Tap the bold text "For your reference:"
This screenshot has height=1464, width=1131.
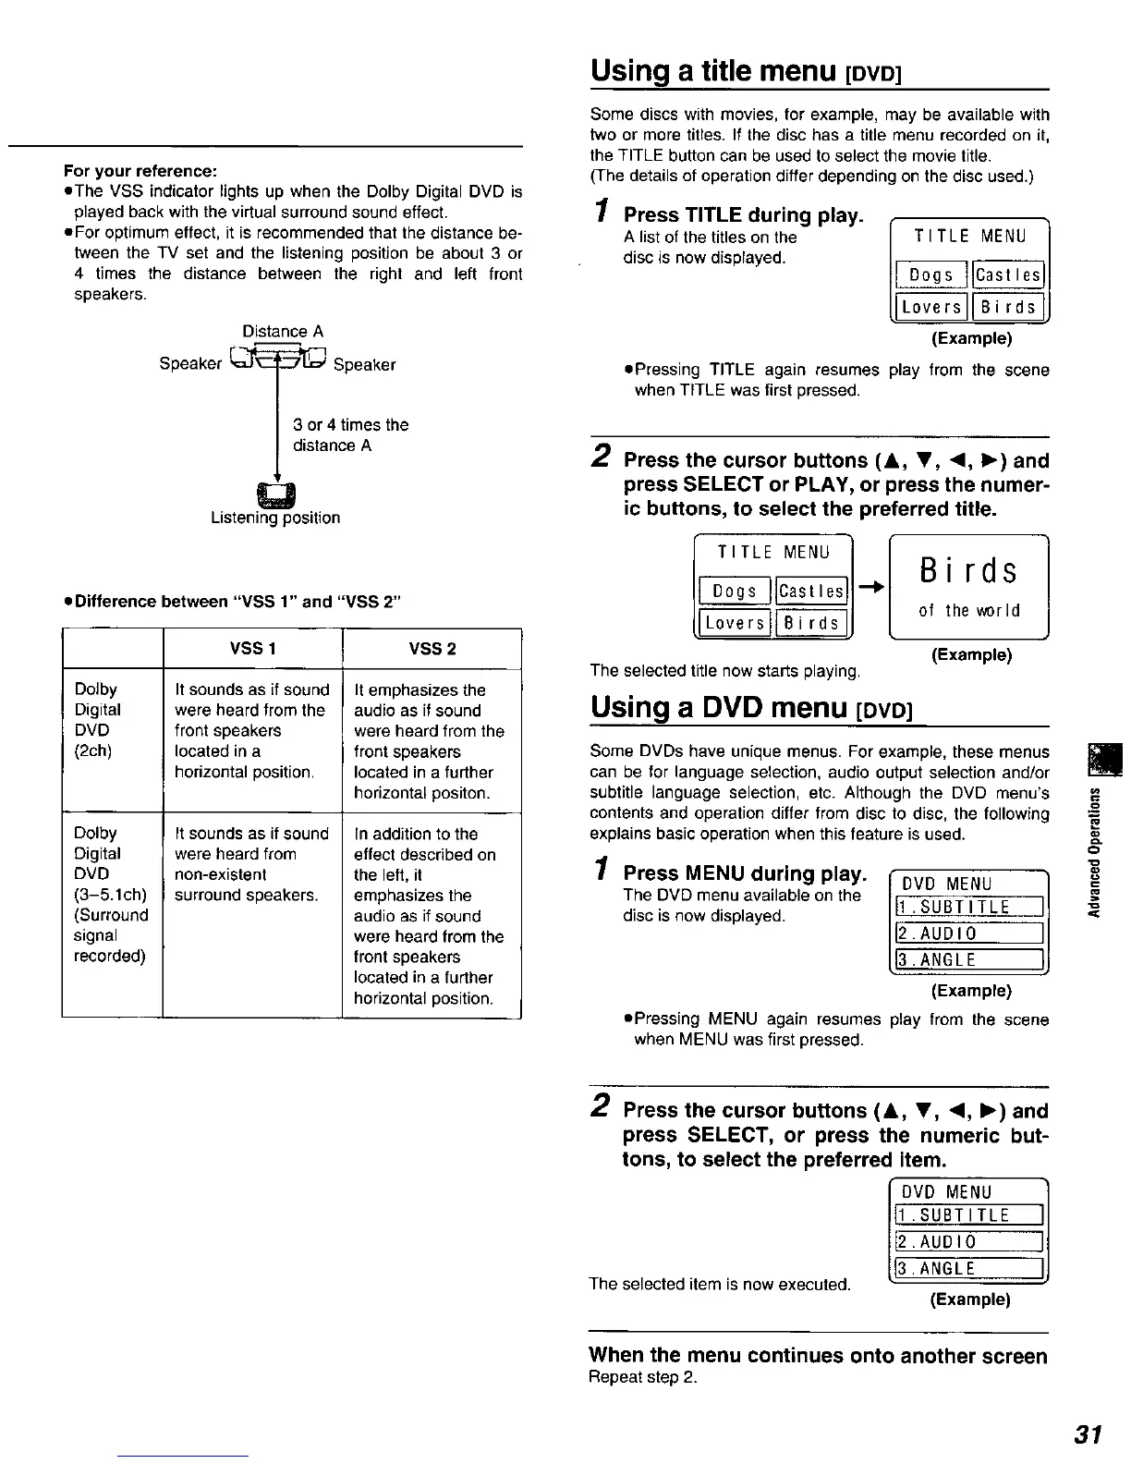[x=140, y=171]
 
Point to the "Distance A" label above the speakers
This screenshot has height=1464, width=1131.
[x=283, y=331]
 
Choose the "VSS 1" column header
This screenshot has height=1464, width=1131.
[x=252, y=649]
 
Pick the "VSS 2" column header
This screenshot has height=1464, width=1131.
[x=432, y=649]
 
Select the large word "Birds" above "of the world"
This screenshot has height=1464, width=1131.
[x=968, y=571]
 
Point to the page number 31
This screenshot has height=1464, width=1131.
[x=1088, y=1433]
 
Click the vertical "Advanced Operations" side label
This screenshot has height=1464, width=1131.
[x=1095, y=852]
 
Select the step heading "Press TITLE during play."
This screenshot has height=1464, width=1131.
[x=744, y=215]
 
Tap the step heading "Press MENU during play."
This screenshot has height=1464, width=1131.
[x=745, y=873]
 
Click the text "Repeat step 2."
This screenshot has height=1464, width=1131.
[x=643, y=1377]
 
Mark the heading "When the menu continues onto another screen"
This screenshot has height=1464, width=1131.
[x=818, y=1356]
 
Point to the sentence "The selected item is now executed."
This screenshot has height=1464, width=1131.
[x=720, y=1284]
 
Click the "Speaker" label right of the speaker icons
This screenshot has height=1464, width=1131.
[x=364, y=365]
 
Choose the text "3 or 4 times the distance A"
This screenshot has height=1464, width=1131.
[x=350, y=435]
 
